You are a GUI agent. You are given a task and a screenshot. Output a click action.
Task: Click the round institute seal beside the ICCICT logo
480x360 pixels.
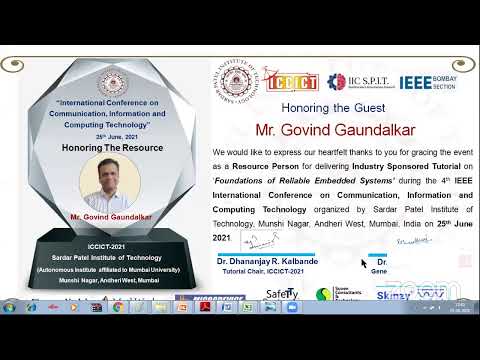tap(238, 82)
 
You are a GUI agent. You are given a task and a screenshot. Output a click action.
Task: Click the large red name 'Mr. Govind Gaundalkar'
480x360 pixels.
tap(323, 130)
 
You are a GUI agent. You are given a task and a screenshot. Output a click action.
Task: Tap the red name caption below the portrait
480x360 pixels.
tap(111, 216)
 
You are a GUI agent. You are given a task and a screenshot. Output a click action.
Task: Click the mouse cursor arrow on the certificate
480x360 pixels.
tap(364, 263)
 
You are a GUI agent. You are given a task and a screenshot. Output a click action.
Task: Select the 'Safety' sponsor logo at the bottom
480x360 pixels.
tap(282, 294)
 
